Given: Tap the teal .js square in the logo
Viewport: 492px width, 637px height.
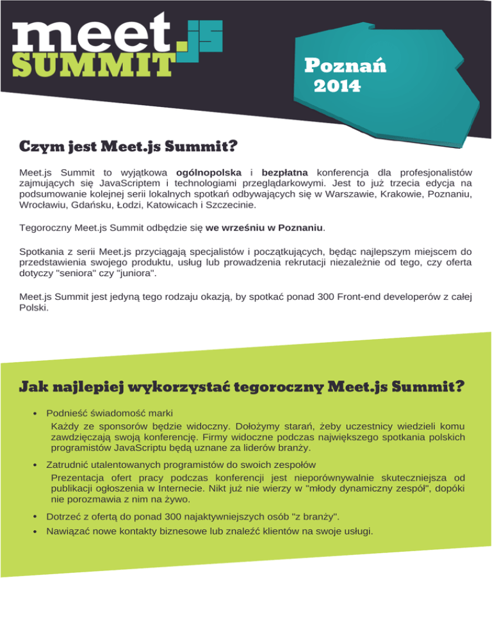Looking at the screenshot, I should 199,40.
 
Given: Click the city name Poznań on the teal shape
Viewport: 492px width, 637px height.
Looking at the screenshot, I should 345,67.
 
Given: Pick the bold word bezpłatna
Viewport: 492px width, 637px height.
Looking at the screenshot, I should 285,172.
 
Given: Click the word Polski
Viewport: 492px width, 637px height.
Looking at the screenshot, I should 33,308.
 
